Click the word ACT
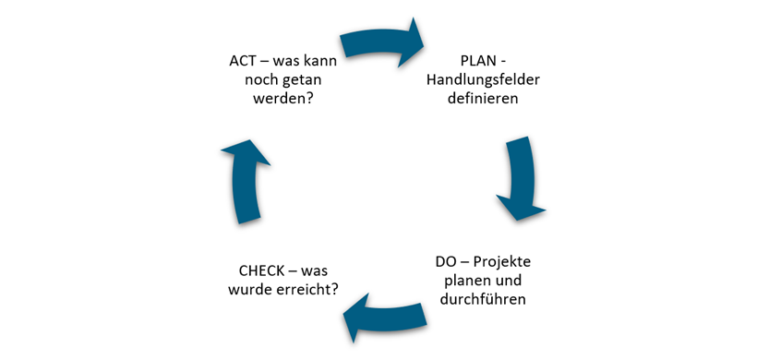245,61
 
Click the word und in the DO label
509,281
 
